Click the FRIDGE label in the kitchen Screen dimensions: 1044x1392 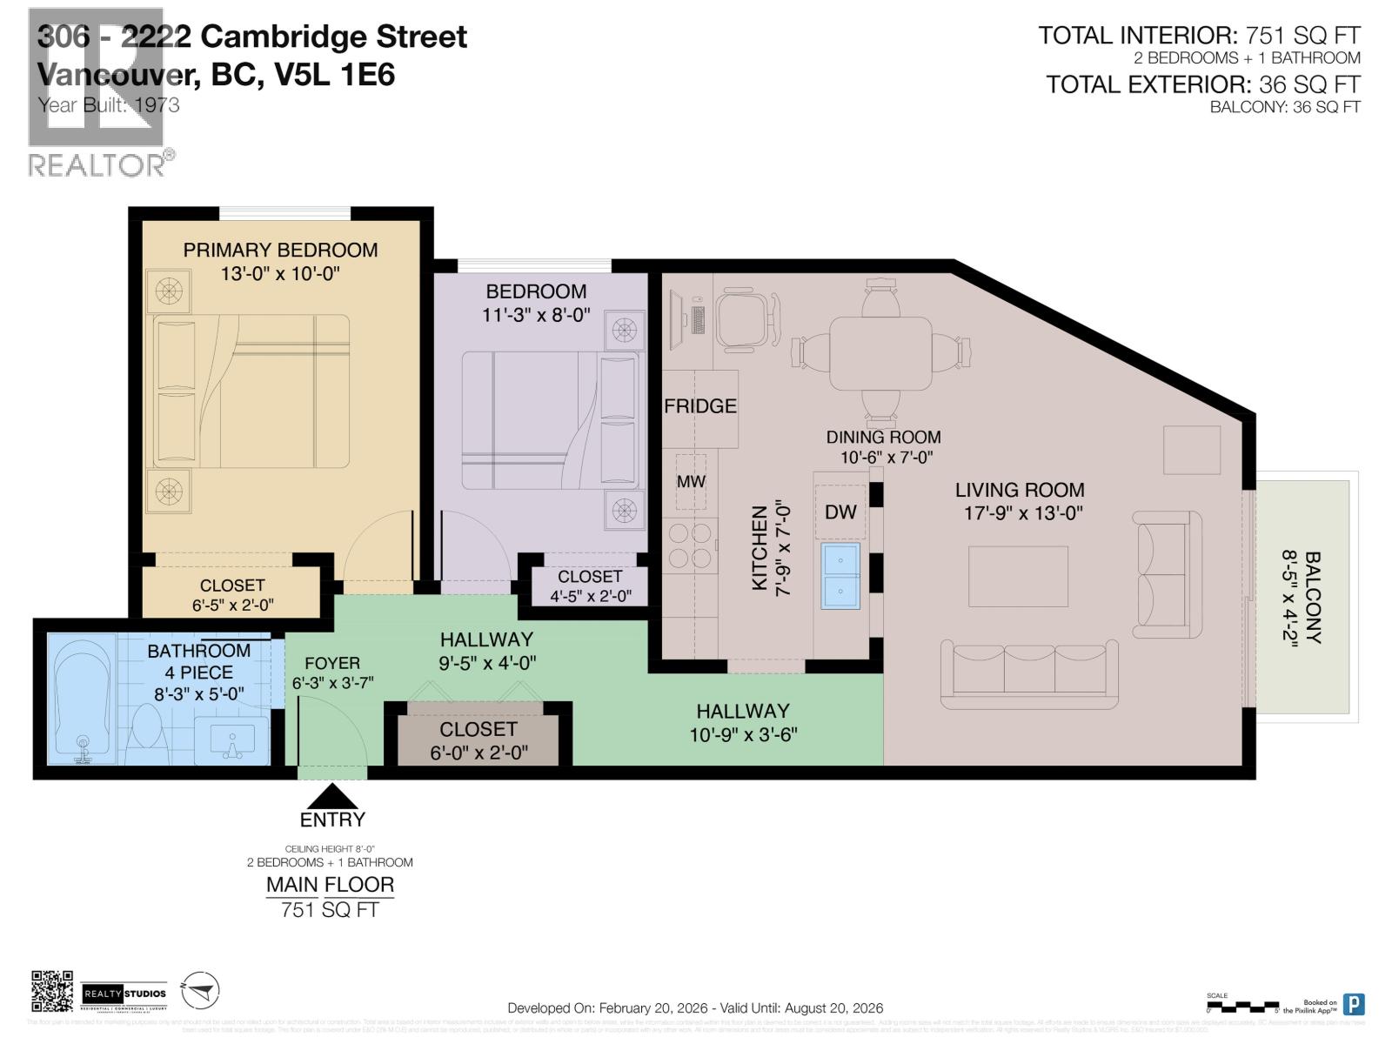coord(699,406)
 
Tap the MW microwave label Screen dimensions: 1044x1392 coord(691,481)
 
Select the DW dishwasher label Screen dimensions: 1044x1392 coord(840,512)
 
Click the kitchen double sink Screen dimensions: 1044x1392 coord(840,575)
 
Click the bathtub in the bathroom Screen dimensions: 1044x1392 coord(82,699)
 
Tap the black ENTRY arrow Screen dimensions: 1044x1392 coord(332,796)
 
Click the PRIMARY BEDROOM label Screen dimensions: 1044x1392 coord(280,251)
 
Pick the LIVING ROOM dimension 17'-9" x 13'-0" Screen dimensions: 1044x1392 coord(1022,513)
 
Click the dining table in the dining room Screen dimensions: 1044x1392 coord(880,353)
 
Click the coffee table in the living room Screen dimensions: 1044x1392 coord(1018,576)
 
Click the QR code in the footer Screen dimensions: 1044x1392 coord(52,992)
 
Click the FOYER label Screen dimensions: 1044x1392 coord(331,663)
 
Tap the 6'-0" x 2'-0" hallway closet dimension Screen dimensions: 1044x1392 coord(478,753)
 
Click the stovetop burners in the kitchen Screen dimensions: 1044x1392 coord(691,545)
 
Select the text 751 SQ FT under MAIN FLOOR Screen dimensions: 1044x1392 coord(330,910)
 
